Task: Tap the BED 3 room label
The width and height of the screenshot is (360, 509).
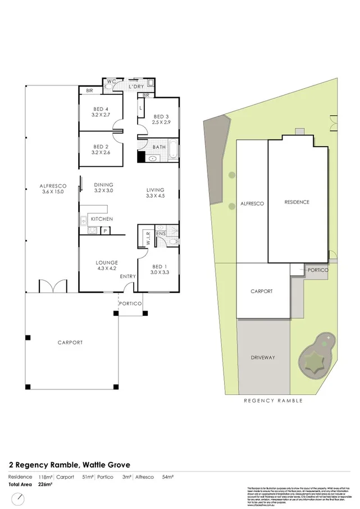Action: click(x=160, y=119)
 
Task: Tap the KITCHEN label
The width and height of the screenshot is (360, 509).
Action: click(x=102, y=219)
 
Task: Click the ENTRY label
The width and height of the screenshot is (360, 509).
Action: click(x=127, y=276)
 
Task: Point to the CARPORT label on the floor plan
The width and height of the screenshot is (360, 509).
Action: click(x=70, y=342)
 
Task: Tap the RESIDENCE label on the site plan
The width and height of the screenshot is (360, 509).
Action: click(x=297, y=202)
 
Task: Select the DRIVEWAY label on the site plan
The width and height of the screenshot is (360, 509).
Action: click(x=263, y=357)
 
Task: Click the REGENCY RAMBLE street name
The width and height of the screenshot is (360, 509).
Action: click(x=274, y=401)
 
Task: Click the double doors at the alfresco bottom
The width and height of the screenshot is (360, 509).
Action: click(x=53, y=286)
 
